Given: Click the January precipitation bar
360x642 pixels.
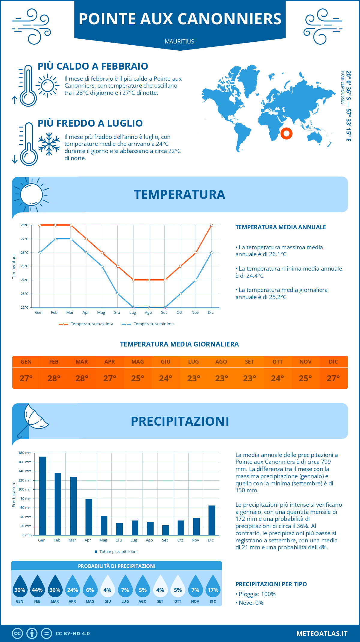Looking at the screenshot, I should (x=43, y=496).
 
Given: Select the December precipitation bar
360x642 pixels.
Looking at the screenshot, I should (x=212, y=520).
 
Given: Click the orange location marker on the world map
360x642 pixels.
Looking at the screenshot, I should (x=286, y=133).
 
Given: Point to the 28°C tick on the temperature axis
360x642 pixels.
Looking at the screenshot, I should (x=25, y=225).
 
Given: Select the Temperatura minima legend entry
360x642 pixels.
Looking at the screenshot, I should (x=148, y=324).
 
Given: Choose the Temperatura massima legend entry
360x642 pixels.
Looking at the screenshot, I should (x=86, y=324).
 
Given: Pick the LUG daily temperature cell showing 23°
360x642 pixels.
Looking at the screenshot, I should (x=193, y=378).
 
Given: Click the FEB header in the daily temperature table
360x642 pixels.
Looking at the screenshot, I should (x=54, y=362).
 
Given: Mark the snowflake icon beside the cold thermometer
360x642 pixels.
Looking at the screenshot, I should (x=49, y=144).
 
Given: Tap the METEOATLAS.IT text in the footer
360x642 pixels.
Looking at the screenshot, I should (x=322, y=634).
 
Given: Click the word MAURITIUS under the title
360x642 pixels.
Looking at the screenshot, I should (x=179, y=41).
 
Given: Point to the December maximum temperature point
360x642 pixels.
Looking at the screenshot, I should (x=211, y=225).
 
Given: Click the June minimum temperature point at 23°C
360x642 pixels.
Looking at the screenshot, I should (x=118, y=294).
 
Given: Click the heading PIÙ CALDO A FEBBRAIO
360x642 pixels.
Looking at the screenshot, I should (x=93, y=66).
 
